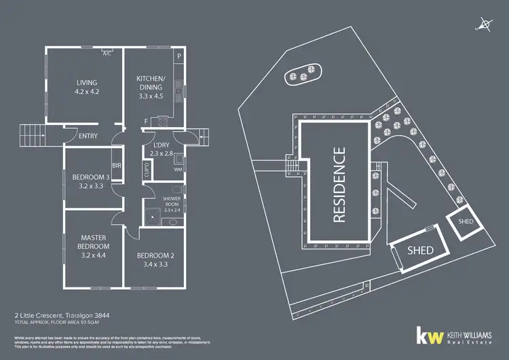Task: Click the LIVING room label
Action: tap(86, 84)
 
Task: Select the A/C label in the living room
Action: tap(107, 54)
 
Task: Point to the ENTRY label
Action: tap(88, 136)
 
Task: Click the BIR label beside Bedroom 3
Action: tap(116, 165)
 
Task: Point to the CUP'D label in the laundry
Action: tap(146, 169)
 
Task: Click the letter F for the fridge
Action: tap(146, 121)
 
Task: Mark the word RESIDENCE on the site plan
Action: tap(340, 185)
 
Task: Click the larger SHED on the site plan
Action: tap(419, 250)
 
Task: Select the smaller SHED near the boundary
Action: tap(466, 221)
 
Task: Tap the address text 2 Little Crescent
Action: tap(37, 315)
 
